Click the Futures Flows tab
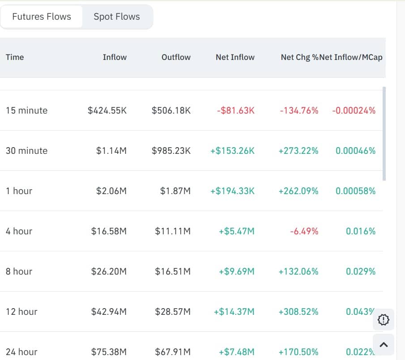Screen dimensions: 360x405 coord(42,17)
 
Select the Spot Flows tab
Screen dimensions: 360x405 coord(117,17)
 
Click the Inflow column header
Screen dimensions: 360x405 coord(115,57)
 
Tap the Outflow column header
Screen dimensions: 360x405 coord(176,57)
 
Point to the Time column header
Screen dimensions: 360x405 coord(15,57)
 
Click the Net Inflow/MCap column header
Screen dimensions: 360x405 coord(351,57)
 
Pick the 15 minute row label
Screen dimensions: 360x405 coord(26,110)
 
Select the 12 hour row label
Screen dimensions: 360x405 coord(21,312)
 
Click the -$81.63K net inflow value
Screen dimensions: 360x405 coord(235,110)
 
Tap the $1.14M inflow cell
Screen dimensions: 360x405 coord(111,151)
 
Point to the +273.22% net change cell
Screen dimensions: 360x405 coord(298,151)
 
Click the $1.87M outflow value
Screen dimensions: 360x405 coord(175,191)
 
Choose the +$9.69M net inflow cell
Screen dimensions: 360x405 coord(236,271)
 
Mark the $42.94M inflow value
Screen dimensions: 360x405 coord(109,312)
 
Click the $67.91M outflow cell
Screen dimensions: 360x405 coord(173,352)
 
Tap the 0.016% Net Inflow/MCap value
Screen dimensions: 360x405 coord(361,231)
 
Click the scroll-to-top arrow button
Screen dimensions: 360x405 coord(384,344)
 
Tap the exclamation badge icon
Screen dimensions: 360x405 coord(384,320)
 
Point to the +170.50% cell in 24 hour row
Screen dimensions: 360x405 coord(298,352)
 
